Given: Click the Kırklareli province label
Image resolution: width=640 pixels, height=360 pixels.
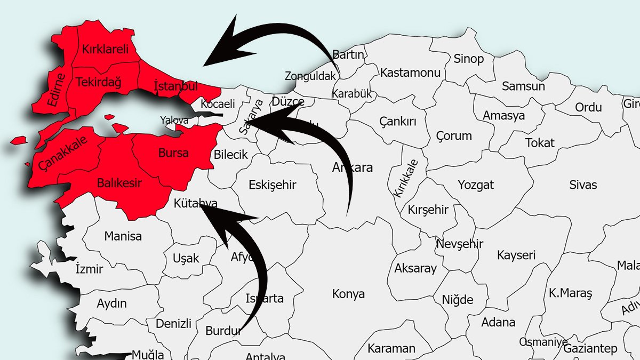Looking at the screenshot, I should point(106,50).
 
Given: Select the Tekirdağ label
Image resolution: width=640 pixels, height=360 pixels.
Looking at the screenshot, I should point(99,82).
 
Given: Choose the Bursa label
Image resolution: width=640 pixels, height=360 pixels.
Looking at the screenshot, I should point(173,153).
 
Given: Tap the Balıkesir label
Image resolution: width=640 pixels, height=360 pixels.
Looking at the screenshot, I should point(119,183).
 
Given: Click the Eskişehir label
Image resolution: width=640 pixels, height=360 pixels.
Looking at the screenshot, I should point(272,185).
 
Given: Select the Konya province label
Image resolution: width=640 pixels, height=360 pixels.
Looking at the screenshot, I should point(348,294).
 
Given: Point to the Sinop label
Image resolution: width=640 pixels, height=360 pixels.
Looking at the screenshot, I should point(468,59).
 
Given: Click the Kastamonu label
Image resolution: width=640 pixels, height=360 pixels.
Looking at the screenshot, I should point(410,72).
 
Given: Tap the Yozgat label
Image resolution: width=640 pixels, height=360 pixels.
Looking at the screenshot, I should point(476,185).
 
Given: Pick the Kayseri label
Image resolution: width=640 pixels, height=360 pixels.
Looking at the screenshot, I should point(516,255).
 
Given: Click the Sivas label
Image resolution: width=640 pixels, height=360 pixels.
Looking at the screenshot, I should point(583,185).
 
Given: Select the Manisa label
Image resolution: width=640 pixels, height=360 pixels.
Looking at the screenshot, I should point(123,236).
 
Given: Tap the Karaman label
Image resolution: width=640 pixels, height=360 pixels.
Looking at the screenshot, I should point(391,349).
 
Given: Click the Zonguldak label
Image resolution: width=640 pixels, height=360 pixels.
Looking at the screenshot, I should point(310,76).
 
